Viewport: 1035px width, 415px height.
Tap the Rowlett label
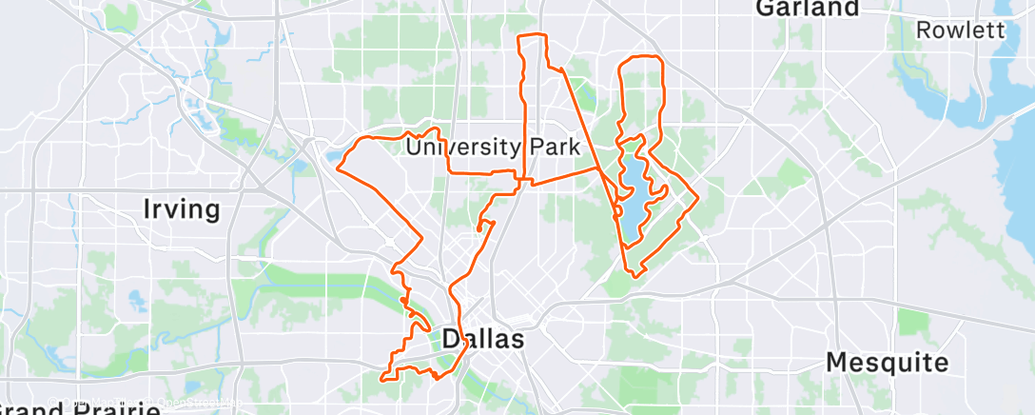(x=960, y=30)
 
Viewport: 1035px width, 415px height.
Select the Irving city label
(x=181, y=208)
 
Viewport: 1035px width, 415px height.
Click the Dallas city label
(x=483, y=339)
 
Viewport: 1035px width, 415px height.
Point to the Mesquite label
(x=887, y=362)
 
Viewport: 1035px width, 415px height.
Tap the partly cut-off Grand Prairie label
(x=81, y=408)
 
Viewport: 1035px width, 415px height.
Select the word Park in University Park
(x=553, y=148)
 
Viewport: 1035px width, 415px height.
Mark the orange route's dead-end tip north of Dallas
(x=478, y=228)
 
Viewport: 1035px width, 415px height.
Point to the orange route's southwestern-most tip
(x=381, y=378)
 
